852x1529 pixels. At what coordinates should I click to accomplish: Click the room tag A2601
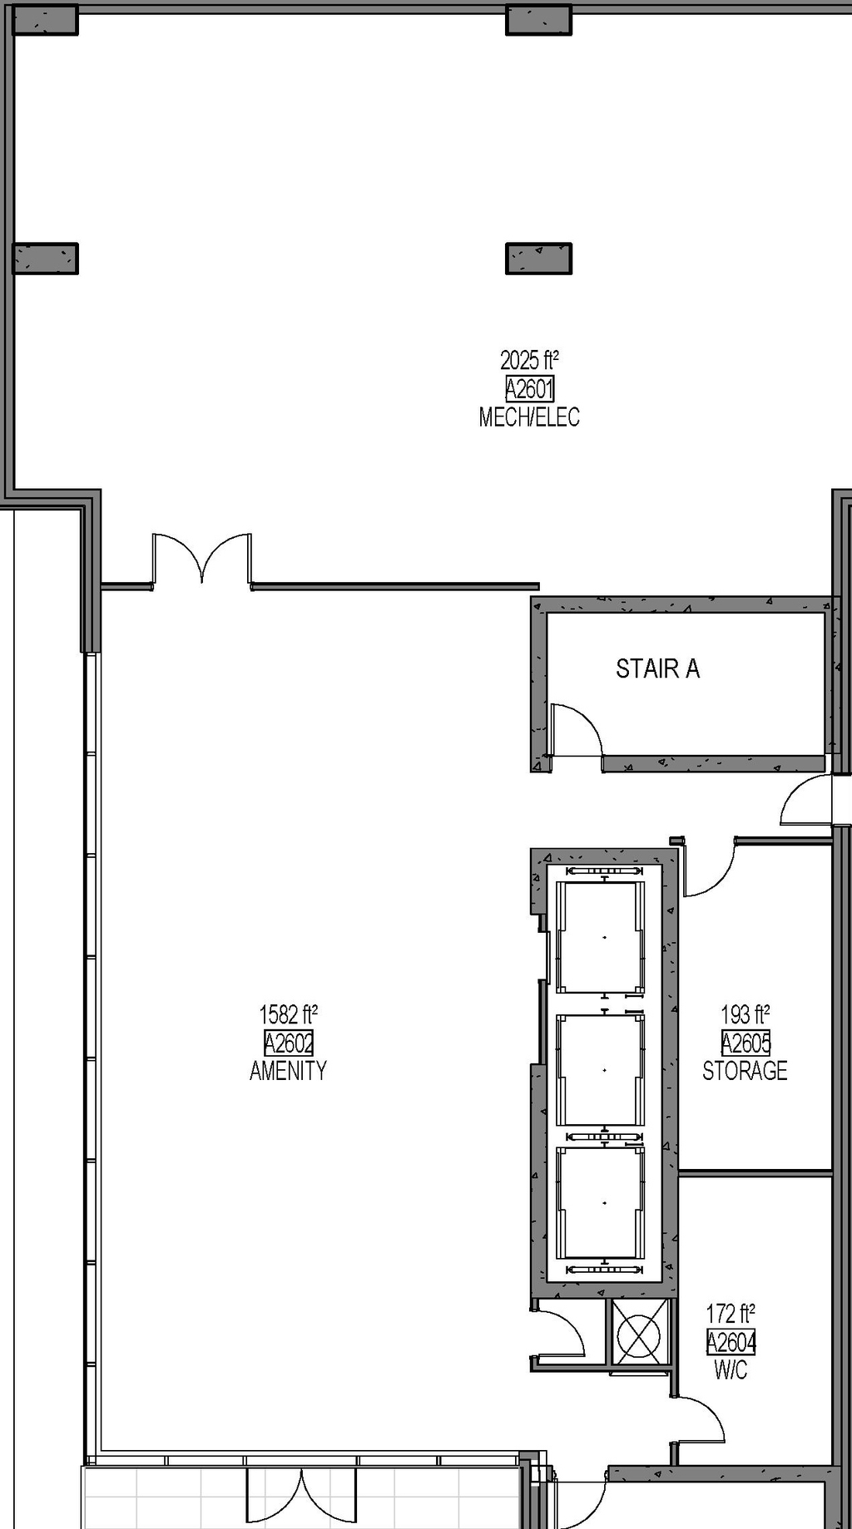pos(529,388)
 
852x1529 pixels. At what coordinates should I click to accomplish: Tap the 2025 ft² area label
pos(529,360)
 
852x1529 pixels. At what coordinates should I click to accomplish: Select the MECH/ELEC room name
pos(529,417)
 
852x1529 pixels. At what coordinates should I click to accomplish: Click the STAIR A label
pos(657,668)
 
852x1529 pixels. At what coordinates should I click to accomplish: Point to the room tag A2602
pos(288,1042)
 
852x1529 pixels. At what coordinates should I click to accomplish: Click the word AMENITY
pos(288,1070)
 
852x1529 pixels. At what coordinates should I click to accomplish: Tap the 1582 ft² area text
pos(288,1014)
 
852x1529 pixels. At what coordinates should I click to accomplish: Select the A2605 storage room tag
pos(745,1042)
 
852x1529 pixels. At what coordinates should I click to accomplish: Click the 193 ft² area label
pos(745,1014)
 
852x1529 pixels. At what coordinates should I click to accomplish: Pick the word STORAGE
pos(745,1070)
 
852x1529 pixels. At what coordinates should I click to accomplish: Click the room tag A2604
pos(731,1341)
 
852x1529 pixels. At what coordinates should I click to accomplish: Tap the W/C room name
pos(731,1369)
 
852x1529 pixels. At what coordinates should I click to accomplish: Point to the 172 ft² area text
pos(731,1314)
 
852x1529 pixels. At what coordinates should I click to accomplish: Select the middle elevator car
pos(600,1070)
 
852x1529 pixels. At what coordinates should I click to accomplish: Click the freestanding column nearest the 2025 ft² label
pos(538,259)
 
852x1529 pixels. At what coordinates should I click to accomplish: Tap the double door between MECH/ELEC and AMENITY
pos(201,561)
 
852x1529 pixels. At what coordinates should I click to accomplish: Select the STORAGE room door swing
pos(708,869)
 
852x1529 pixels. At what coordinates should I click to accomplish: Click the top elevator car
pos(600,937)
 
